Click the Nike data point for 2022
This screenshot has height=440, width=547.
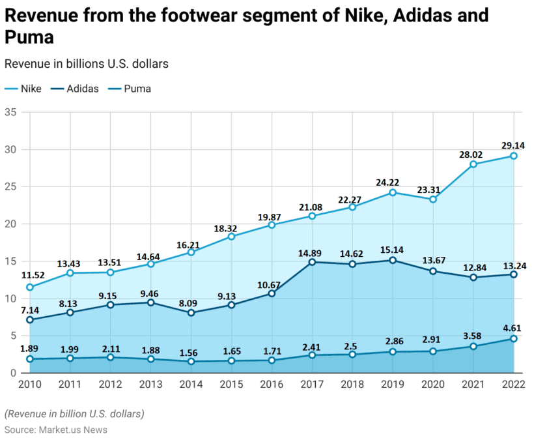[514, 156]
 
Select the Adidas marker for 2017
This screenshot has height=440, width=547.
[312, 262]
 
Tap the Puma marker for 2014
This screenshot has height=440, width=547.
[191, 361]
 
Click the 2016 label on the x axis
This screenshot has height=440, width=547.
[272, 385]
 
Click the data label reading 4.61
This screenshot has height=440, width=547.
[514, 328]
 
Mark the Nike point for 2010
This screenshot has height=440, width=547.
[30, 287]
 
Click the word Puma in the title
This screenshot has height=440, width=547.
[29, 38]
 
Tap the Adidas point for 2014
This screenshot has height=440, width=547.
[191, 313]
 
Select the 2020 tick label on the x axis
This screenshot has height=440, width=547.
[433, 385]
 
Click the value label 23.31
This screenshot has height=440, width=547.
[433, 188]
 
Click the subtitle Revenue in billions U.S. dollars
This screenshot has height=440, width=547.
[87, 64]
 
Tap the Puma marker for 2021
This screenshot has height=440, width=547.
[473, 346]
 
